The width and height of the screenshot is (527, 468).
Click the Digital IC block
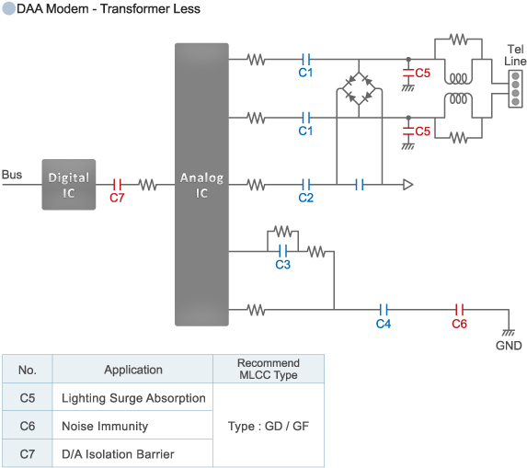[x=68, y=184]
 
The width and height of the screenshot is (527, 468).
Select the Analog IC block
[x=201, y=184]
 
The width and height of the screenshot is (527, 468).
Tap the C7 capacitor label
[x=117, y=198]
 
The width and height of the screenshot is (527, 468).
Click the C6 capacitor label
[x=459, y=324]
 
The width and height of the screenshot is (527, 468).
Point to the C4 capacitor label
[x=384, y=324]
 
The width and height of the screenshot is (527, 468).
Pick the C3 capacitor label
[x=283, y=265]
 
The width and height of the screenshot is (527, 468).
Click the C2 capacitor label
[x=306, y=198]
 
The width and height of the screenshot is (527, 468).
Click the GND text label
[x=508, y=347]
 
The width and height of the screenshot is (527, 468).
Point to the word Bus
[x=12, y=175]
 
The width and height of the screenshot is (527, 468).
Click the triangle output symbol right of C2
[x=407, y=185]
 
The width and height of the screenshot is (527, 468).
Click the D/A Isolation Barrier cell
[x=118, y=454]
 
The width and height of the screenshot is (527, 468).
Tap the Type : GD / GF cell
[x=268, y=427]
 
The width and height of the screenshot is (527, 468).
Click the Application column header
[x=132, y=370]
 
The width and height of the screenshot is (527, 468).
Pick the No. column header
[x=28, y=370]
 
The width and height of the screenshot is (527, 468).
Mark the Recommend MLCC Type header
[x=268, y=370]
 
